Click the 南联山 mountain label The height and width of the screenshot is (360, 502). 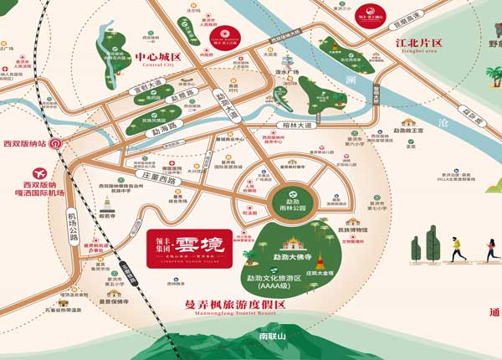tap(273, 335)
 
